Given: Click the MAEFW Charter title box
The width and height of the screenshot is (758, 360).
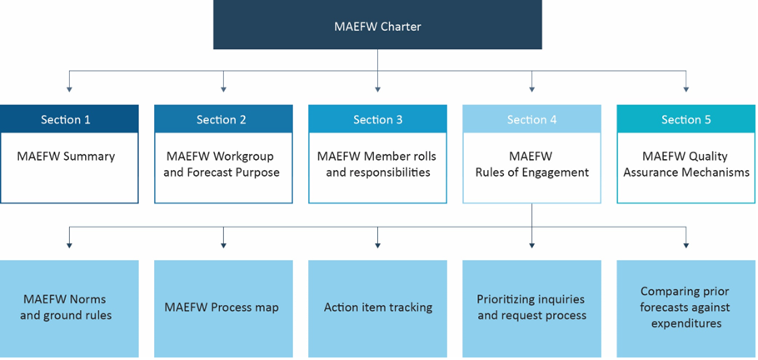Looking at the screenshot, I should [377, 26].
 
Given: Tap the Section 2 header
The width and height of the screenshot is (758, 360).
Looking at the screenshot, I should [223, 119].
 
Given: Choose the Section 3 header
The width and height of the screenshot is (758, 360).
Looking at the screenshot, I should [377, 119].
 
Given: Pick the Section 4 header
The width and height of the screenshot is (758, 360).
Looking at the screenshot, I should [531, 119].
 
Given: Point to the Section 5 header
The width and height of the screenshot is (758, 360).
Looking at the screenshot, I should [686, 119].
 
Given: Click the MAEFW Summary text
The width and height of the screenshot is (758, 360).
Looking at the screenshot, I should [66, 156].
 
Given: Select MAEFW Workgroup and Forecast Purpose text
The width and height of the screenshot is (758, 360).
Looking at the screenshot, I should [223, 164].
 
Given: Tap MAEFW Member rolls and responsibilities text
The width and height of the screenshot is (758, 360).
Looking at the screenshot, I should [377, 164].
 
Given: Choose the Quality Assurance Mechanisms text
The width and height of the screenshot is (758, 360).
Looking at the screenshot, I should [686, 164].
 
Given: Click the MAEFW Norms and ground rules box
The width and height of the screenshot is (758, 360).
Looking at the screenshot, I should [69, 307].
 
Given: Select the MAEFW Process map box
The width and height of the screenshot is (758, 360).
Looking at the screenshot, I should [223, 307].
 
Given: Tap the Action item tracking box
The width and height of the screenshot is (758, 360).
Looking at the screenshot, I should [377, 307].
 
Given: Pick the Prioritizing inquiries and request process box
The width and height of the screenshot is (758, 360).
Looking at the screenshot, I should [531, 307].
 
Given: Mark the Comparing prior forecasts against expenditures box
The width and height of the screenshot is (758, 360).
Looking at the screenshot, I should [686, 307].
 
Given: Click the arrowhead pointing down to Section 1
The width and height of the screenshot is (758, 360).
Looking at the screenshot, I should [69, 87].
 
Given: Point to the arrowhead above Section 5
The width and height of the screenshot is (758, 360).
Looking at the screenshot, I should [686, 87].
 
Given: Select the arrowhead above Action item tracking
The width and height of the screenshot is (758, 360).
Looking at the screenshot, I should [377, 243].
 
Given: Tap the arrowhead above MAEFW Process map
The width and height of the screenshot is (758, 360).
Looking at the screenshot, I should [223, 243].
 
